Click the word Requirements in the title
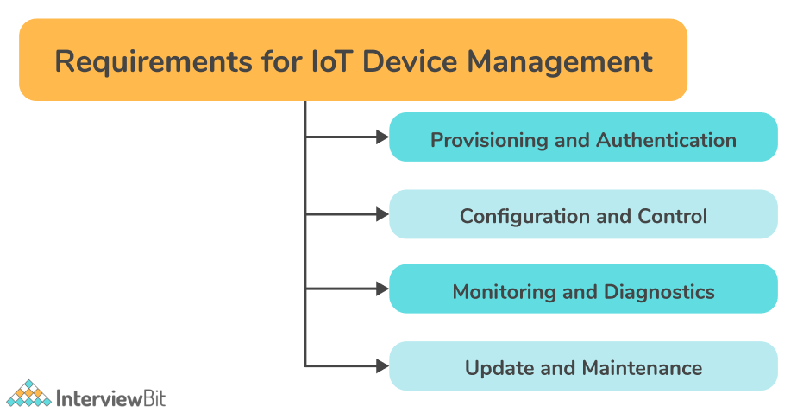[x=154, y=62]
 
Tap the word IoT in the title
[x=331, y=61]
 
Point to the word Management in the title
[x=560, y=63]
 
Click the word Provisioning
[x=489, y=140]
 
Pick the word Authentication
[x=667, y=140]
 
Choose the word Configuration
[x=525, y=216]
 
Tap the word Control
[x=673, y=216]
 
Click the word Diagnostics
[x=659, y=292]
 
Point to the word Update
[x=499, y=368]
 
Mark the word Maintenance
[x=642, y=368]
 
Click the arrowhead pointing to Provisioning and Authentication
[x=382, y=137]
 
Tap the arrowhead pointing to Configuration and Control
[x=382, y=214]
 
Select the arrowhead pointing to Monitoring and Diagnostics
[x=382, y=289]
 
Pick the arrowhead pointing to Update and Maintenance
[x=382, y=365]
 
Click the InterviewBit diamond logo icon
[x=28, y=394]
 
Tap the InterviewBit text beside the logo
[x=111, y=398]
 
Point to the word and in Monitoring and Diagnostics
[x=580, y=292]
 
